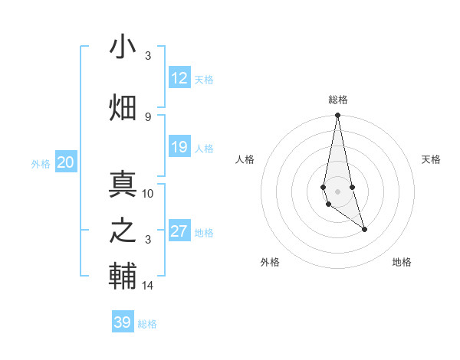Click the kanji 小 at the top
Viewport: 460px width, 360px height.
(x=123, y=47)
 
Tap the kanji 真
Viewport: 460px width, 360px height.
(x=123, y=185)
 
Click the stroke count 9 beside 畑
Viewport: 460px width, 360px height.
(x=148, y=116)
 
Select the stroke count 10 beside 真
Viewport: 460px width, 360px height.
(x=148, y=193)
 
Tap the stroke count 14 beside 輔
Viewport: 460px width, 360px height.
(x=148, y=286)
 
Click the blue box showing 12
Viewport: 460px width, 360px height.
(x=179, y=78)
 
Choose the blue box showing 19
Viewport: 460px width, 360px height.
(x=179, y=147)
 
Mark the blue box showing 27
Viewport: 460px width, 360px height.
(x=179, y=231)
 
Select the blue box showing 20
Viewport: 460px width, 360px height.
(x=66, y=162)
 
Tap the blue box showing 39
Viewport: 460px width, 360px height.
(x=122, y=322)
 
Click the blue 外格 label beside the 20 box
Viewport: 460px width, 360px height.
(x=41, y=163)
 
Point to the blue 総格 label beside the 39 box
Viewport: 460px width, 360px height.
(x=147, y=324)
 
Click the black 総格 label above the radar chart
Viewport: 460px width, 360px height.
(x=338, y=100)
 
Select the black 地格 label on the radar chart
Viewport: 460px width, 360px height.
(x=402, y=262)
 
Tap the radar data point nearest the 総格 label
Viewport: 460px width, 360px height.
(x=337, y=116)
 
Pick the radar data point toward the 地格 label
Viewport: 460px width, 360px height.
(x=364, y=229)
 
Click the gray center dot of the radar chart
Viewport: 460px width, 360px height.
(x=337, y=191)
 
